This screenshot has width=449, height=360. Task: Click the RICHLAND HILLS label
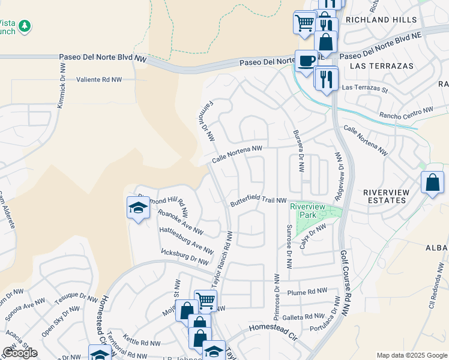point(377,20)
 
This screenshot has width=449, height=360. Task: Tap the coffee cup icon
point(306,61)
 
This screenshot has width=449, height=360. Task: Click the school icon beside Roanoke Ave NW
point(138,208)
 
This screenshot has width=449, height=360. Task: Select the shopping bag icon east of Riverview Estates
point(432,182)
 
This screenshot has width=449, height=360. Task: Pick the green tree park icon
point(24,26)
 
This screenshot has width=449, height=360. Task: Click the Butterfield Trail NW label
point(259,202)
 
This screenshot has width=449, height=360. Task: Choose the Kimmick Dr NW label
point(61,85)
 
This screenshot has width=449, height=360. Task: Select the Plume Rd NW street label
point(307,291)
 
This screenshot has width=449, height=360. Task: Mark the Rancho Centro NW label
point(405,113)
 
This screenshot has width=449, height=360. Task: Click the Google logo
point(20,352)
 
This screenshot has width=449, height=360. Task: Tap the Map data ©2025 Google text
point(411,355)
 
